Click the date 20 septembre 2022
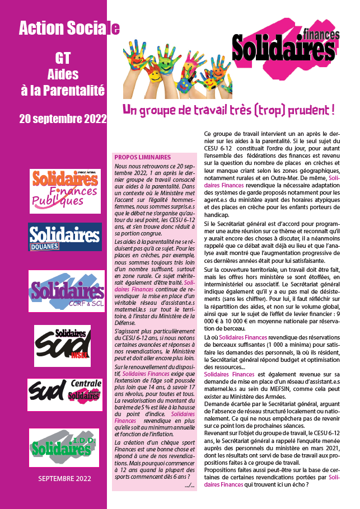point(62,119)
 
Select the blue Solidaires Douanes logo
point(65,237)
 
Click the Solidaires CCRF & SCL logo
point(67,291)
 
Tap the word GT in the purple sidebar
point(62,58)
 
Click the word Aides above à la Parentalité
point(63,74)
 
